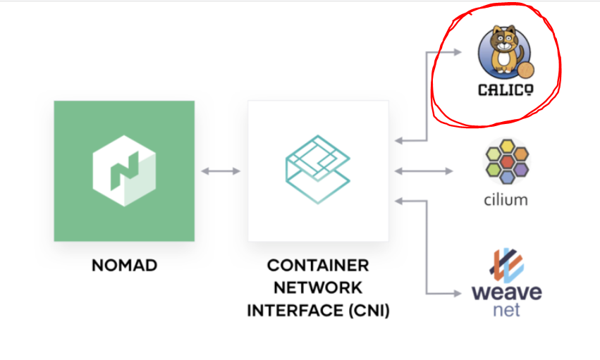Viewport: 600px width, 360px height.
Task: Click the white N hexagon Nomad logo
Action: point(123,171)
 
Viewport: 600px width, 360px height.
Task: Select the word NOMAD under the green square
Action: point(124,266)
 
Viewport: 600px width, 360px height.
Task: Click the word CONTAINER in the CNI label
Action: point(317,266)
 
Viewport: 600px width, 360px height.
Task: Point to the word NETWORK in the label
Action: point(317,287)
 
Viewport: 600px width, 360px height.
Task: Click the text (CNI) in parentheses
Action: point(367,309)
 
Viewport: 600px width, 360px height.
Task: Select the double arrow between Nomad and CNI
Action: point(221,171)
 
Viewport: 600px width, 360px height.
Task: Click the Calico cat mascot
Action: point(503,49)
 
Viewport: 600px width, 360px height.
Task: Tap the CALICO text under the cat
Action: point(506,89)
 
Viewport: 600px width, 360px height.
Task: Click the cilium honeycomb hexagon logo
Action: point(506,162)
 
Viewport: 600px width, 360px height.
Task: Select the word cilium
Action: point(506,199)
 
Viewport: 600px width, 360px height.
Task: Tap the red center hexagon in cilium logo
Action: point(506,163)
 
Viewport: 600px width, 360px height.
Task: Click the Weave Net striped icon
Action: point(506,266)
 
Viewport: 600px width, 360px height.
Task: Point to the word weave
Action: point(506,291)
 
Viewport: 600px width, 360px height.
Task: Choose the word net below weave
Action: point(506,309)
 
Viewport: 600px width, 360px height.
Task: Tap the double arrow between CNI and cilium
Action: point(424,171)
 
